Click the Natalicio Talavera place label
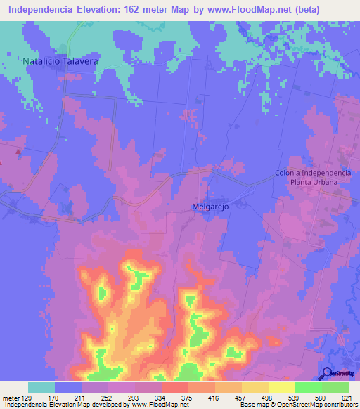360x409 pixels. pyautogui.click(x=59, y=61)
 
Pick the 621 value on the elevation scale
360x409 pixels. pyautogui.click(x=347, y=397)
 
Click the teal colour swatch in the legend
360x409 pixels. pyautogui.click(x=41, y=387)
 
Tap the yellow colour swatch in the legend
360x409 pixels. pyautogui.click(x=281, y=387)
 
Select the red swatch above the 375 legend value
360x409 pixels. pyautogui.click(x=174, y=387)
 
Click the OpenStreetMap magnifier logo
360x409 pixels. pyautogui.click(x=327, y=374)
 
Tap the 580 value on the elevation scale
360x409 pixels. pyautogui.click(x=321, y=397)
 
